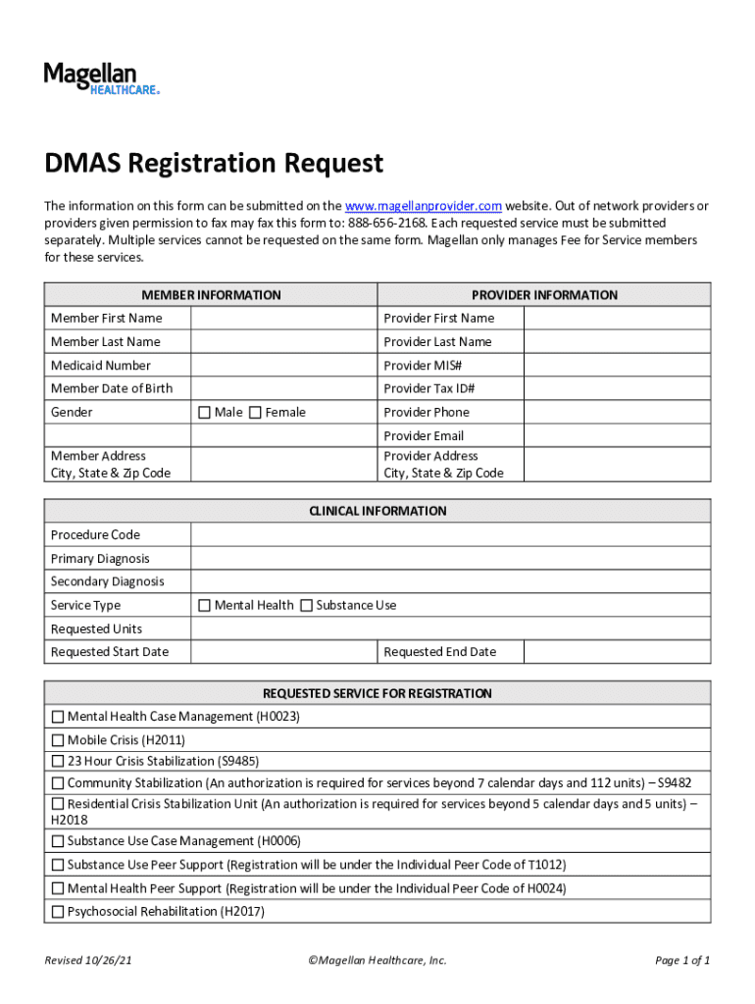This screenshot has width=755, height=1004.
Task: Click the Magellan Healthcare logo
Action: pos(100,77)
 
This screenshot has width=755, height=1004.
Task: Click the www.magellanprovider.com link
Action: pos(424,206)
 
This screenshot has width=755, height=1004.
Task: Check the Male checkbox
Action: pos(204,413)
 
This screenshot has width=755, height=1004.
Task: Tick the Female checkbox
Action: pos(255,413)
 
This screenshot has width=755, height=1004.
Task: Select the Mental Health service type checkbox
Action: pos(204,606)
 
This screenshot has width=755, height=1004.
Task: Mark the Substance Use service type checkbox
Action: pos(306,606)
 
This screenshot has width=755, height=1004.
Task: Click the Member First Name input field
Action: pos(283,319)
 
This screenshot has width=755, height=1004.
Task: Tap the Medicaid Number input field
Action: pos(283,366)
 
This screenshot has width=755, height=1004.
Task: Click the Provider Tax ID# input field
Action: pos(617,389)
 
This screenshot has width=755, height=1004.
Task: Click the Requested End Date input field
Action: pos(617,652)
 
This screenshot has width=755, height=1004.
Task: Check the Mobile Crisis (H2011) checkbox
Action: pos(58,740)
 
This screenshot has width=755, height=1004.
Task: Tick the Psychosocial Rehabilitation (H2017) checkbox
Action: pos(58,912)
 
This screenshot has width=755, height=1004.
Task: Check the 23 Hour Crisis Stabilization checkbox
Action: pos(58,761)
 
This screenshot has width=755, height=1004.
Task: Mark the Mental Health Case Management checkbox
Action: pos(58,717)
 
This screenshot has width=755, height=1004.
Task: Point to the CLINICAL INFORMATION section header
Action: pos(377,511)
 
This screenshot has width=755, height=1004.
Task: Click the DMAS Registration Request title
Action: pos(213,163)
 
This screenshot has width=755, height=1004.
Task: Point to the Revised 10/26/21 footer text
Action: pos(88,961)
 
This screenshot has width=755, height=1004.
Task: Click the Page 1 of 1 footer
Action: pos(682,961)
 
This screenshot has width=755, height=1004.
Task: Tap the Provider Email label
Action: pos(424,436)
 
